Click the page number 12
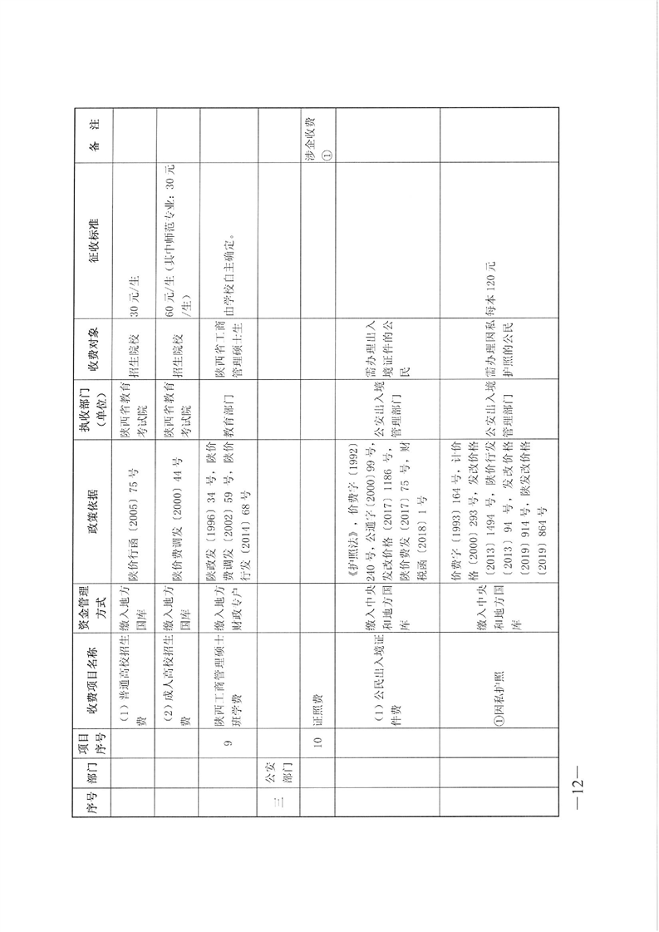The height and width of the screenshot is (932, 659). pyautogui.click(x=578, y=787)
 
